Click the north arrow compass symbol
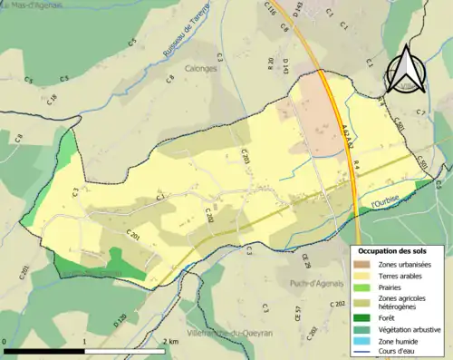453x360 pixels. coord(404,70)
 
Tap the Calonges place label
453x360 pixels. coord(207,67)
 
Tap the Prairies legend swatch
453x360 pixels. coord(361,286)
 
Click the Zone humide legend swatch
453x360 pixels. coord(361,341)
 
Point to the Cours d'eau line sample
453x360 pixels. coord(361,352)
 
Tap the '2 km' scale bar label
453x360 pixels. coord(169,341)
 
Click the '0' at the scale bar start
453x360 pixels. coord(5,341)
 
